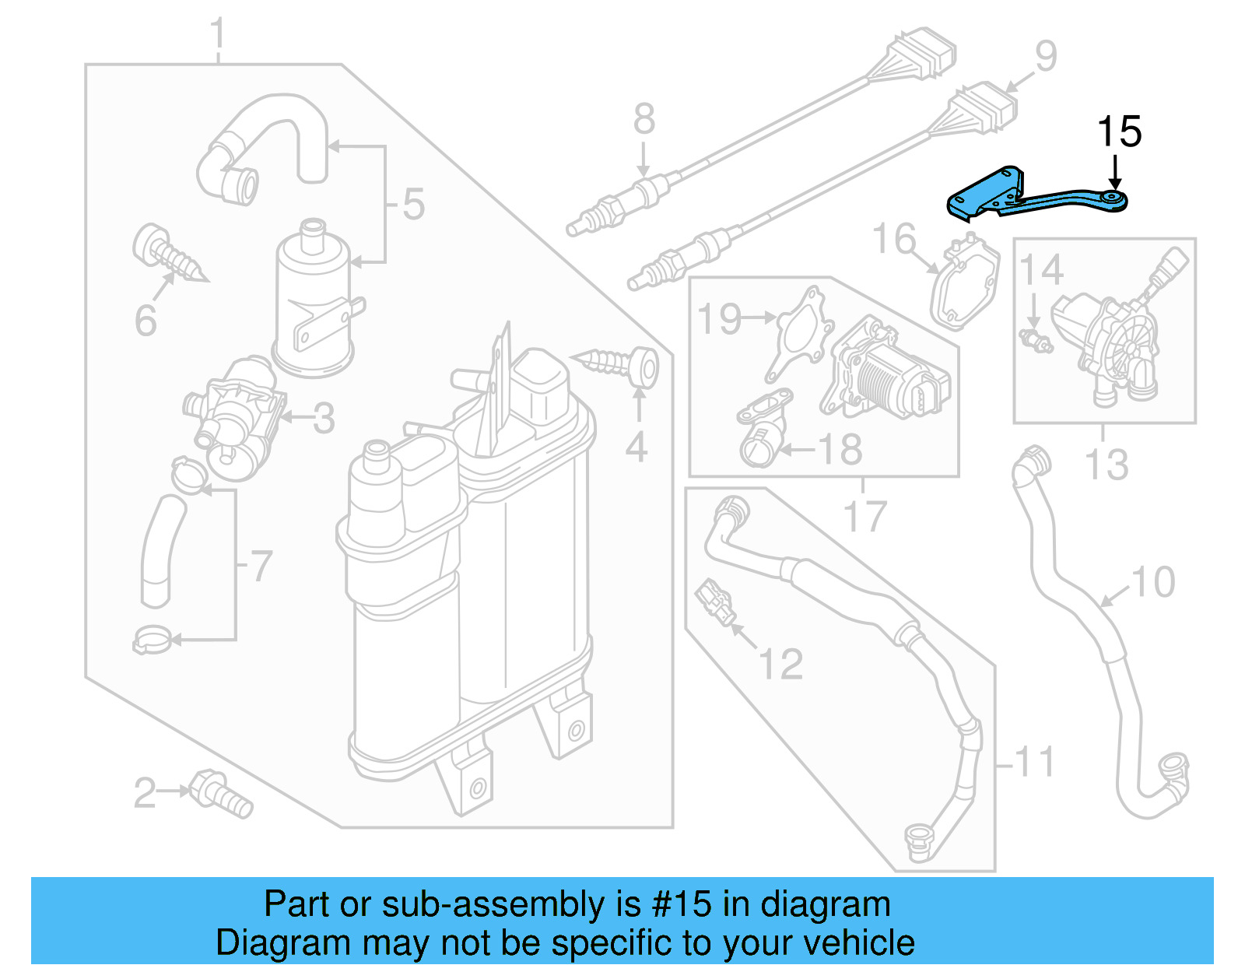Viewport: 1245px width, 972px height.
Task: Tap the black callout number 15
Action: coord(1119,132)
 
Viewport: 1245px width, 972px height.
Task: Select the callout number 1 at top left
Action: coord(219,35)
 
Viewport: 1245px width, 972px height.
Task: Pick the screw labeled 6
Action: coord(168,253)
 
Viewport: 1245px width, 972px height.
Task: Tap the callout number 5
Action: coord(413,204)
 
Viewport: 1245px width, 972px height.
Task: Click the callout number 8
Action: coord(644,120)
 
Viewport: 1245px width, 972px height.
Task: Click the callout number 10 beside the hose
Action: coord(1153,582)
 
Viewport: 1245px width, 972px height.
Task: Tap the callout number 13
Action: coord(1106,465)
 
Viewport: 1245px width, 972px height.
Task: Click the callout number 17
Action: coord(864,516)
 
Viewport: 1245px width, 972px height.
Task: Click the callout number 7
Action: coord(261,566)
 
